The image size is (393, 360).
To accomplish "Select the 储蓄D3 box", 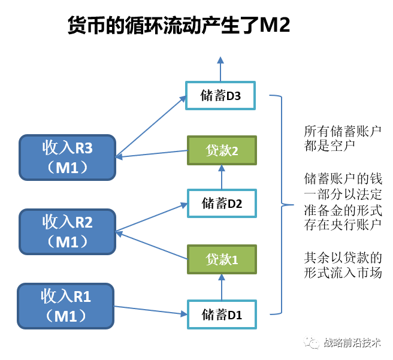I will click(x=221, y=95).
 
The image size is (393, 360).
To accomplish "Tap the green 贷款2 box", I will click(x=222, y=150).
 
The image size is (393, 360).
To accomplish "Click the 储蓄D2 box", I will click(x=222, y=203).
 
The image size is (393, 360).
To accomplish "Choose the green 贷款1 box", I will click(x=222, y=259).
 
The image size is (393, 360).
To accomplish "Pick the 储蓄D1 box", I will click(x=222, y=313).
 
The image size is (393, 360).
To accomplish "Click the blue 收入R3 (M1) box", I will click(x=67, y=157).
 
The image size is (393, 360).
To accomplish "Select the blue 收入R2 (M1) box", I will click(x=67, y=231).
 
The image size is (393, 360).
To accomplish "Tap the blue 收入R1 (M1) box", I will click(x=66, y=306).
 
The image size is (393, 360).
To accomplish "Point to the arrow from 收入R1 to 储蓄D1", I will click(x=150, y=310).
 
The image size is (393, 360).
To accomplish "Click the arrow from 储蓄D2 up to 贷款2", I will click(x=222, y=177).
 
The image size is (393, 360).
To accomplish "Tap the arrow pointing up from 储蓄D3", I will click(x=221, y=69).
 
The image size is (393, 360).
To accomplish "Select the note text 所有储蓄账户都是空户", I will click(x=342, y=138).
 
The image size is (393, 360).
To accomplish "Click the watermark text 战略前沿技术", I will click(x=352, y=343).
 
